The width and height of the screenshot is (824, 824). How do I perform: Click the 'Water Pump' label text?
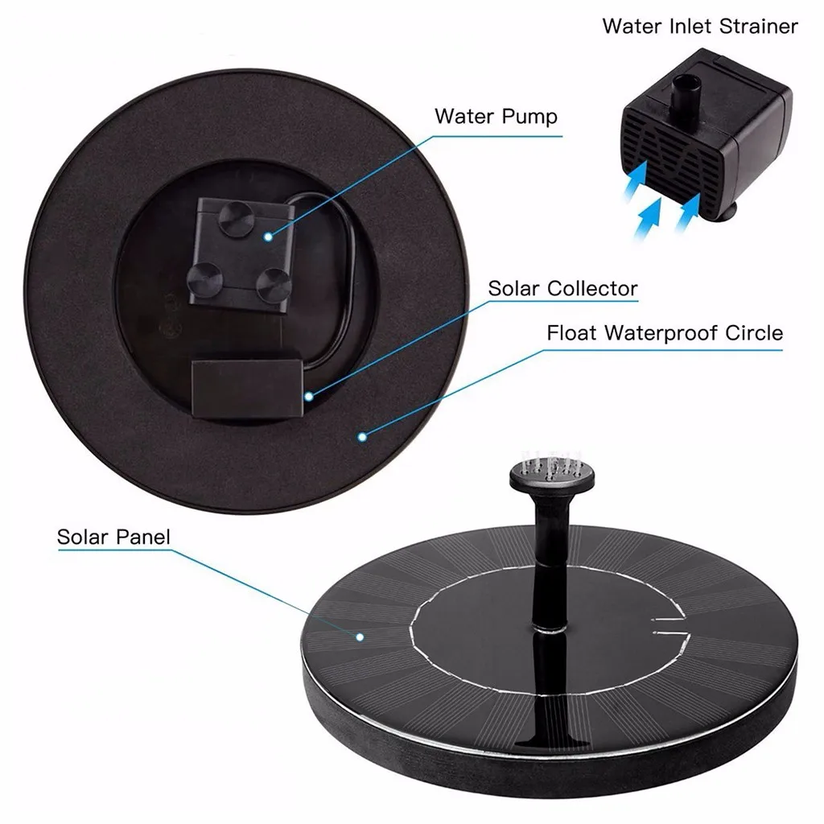pyautogui.click(x=496, y=117)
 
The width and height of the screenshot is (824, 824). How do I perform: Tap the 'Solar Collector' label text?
pyautogui.click(x=562, y=288)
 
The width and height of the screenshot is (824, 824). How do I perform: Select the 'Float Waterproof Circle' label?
pyautogui.click(x=665, y=332)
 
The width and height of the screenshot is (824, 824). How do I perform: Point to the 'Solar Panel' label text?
pyautogui.click(x=113, y=537)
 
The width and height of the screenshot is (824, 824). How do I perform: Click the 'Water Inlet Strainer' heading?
pyautogui.click(x=700, y=26)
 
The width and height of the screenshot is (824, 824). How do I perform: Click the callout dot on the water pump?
pyautogui.click(x=268, y=235)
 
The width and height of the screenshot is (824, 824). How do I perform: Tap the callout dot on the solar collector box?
pyautogui.click(x=308, y=395)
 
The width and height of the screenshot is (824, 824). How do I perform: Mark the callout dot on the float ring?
pyautogui.click(x=362, y=437)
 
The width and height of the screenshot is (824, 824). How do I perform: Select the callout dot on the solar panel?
pyautogui.click(x=360, y=636)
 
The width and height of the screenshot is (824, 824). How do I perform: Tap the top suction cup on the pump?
pyautogui.click(x=236, y=220)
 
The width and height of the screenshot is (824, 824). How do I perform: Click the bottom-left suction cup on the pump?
pyautogui.click(x=205, y=278)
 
